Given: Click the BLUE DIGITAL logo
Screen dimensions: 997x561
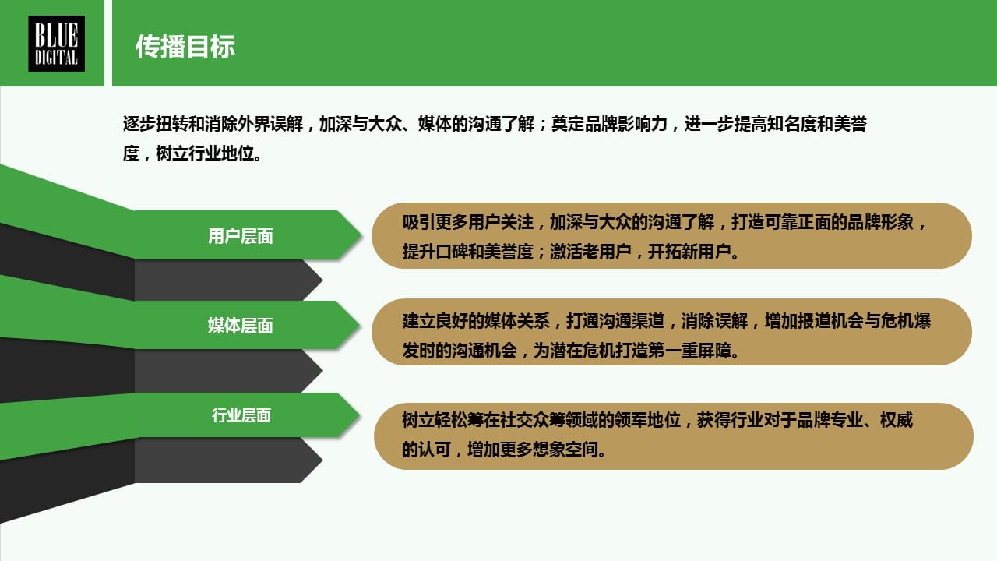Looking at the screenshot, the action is pyautogui.click(x=57, y=44).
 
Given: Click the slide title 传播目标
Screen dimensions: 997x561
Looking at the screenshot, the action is pyautogui.click(x=185, y=46).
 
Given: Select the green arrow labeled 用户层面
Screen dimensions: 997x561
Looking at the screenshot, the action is pyautogui.click(x=241, y=235).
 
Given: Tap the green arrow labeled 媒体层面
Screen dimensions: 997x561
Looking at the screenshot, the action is pyautogui.click(x=241, y=326).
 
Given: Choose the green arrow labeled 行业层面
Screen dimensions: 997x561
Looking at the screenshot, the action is pyautogui.click(x=241, y=415).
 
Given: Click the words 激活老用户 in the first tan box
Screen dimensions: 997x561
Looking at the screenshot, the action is pyautogui.click(x=590, y=252).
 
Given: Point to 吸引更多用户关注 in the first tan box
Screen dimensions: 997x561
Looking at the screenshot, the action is pyautogui.click(x=468, y=222).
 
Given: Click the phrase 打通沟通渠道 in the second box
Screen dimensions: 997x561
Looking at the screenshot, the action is pyautogui.click(x=615, y=320).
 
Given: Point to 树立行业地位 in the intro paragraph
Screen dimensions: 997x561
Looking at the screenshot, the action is pyautogui.click(x=205, y=153).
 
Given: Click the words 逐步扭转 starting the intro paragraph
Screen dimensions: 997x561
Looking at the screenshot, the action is pyautogui.click(x=155, y=124).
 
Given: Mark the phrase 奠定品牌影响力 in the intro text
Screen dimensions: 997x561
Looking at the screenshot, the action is pyautogui.click(x=609, y=124).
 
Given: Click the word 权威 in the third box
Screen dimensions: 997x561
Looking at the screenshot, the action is pyautogui.click(x=897, y=420).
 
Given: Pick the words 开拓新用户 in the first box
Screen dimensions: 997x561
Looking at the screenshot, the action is pyautogui.click(x=689, y=252).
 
